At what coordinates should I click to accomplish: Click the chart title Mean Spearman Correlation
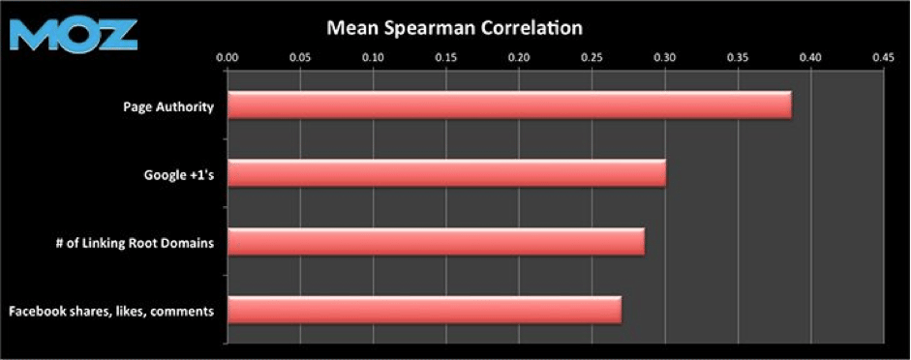[x=454, y=28]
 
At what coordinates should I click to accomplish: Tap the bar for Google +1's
[x=446, y=174]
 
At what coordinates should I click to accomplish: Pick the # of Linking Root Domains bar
[x=436, y=242]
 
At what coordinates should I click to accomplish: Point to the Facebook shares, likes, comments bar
[x=424, y=311]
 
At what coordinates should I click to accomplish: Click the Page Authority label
[x=168, y=106]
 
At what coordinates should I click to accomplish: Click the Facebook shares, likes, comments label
[x=110, y=312]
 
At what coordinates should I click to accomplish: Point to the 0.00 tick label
[x=227, y=58]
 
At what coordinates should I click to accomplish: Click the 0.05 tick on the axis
[x=300, y=58]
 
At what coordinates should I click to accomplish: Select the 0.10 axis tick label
[x=373, y=58]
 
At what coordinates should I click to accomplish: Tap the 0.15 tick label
[x=446, y=58]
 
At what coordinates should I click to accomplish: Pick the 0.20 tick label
[x=519, y=58]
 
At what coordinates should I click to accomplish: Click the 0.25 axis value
[x=592, y=58]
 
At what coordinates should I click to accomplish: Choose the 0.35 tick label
[x=738, y=58]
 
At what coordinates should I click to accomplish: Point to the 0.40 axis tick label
[x=810, y=58]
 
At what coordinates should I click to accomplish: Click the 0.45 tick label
[x=883, y=58]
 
